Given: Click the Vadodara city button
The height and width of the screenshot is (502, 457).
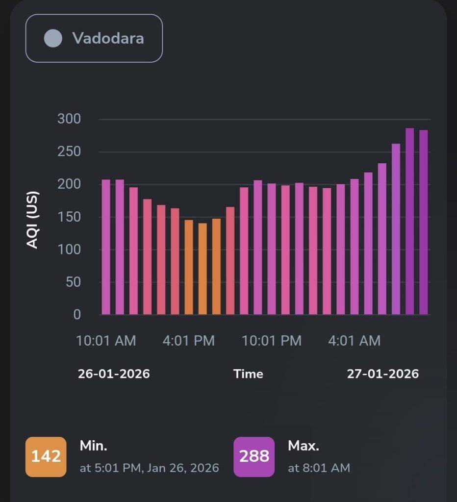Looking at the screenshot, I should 94,38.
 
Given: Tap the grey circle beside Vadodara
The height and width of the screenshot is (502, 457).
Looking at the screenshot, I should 53,38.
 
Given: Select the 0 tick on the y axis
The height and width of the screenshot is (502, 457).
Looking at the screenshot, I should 77,315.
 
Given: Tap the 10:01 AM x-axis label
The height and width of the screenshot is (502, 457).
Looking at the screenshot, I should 106,341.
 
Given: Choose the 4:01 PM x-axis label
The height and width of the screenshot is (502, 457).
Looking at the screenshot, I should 189,341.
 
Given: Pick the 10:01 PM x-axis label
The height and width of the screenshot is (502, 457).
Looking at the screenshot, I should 272,341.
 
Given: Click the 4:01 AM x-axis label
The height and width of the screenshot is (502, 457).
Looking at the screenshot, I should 355,341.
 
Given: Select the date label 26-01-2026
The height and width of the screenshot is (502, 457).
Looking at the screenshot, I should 114,374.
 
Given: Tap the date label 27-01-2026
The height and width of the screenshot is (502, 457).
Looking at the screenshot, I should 383,374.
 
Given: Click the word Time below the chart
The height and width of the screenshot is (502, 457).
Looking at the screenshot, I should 248,374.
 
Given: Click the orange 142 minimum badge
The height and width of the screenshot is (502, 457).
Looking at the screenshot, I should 46,457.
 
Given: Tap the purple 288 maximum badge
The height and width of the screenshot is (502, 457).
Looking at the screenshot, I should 254,457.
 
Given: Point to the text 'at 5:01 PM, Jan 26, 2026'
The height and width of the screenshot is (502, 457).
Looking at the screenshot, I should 149,468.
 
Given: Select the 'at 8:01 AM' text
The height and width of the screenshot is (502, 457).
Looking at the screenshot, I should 319,468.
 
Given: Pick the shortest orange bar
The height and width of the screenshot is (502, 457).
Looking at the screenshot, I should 203,269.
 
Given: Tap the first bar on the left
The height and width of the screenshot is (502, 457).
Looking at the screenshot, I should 106,247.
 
